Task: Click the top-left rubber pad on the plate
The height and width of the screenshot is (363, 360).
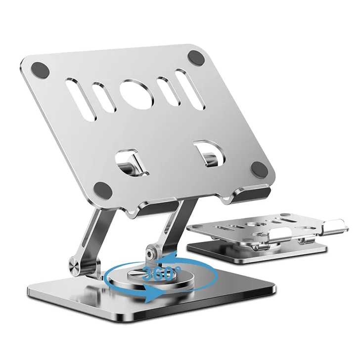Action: pos(40,70)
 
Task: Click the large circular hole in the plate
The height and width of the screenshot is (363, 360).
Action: pos(137,96)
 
